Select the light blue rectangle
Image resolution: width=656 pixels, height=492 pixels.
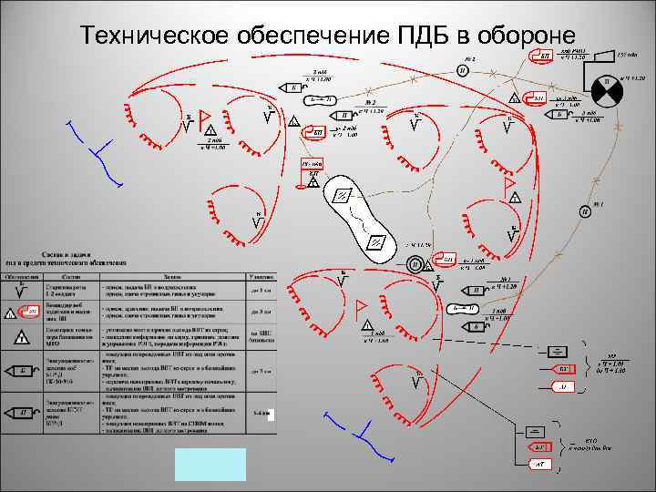coord(210,464)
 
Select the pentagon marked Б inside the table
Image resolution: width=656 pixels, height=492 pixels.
coord(22,371)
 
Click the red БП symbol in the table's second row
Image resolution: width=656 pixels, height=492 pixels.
coord(31,313)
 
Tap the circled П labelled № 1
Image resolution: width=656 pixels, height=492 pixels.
coord(582,212)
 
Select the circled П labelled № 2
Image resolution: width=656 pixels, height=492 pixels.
coord(463,71)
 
